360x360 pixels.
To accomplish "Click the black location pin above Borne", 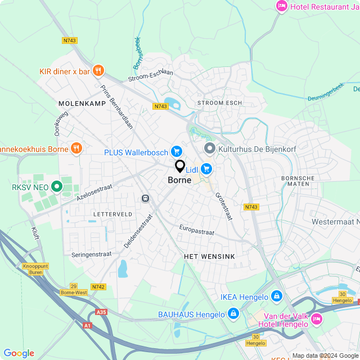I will [180, 166].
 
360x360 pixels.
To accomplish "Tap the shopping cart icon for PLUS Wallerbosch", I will [177, 151].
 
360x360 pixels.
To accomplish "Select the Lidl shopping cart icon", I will [206, 168].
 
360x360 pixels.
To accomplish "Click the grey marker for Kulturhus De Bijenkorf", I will [210, 148].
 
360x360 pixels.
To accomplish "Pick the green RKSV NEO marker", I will [56, 187].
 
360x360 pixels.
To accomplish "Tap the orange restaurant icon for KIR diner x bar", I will [98, 71].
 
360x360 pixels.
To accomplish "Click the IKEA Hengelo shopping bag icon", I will [276, 296].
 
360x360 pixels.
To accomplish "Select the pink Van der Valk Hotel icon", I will [316, 319].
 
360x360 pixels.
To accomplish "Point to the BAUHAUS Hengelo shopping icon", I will [233, 313].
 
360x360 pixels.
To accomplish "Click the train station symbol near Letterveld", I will [145, 198].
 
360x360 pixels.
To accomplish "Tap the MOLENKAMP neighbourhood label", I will [78, 104].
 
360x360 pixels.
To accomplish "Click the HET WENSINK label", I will [209, 256].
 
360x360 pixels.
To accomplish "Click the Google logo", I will [19, 353].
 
